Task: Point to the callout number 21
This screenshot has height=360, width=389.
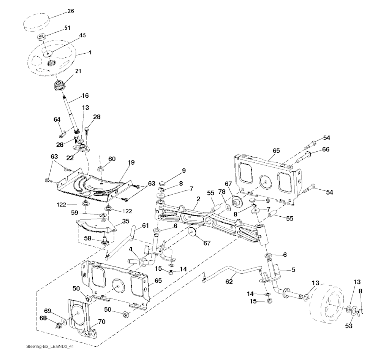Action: [x=78, y=71]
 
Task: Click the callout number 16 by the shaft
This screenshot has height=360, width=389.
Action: [x=85, y=95]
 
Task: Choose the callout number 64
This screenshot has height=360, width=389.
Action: [x=57, y=119]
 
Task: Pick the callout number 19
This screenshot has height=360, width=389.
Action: [x=131, y=162]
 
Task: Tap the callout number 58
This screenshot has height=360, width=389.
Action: [x=87, y=238]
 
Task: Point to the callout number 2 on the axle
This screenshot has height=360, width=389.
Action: [x=198, y=198]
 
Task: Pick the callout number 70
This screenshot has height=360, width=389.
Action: [x=101, y=321]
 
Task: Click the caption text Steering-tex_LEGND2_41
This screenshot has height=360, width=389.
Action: [x=47, y=347]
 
